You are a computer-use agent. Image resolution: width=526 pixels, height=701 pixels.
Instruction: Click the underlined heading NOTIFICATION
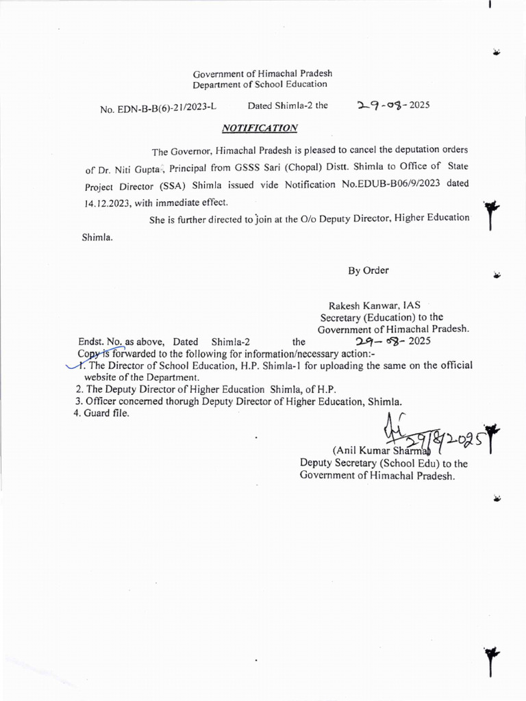coord(260,128)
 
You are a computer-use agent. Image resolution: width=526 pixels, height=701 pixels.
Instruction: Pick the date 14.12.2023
coord(108,203)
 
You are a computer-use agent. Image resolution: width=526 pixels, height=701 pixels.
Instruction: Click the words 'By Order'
coord(368,270)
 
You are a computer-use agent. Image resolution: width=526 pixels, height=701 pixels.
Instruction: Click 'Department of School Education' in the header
coord(260,84)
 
